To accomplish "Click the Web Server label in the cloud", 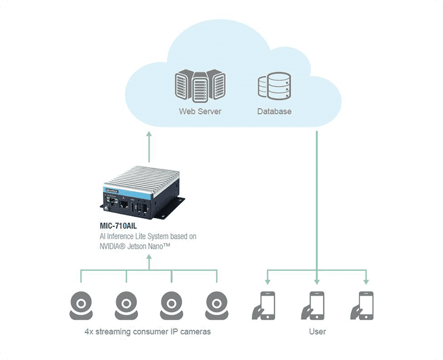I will click(x=200, y=111).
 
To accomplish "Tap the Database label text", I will click(x=274, y=111).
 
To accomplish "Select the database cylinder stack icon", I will click(x=274, y=86).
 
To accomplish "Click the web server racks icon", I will click(x=200, y=85).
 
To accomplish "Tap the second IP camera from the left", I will click(x=127, y=305).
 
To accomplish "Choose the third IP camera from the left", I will click(x=172, y=305).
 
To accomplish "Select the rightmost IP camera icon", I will click(x=217, y=305).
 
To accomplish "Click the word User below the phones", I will click(x=317, y=332).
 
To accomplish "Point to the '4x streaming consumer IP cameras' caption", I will click(x=147, y=332).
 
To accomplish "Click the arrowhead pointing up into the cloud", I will click(x=148, y=135).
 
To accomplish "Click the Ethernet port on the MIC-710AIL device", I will click(x=125, y=204).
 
